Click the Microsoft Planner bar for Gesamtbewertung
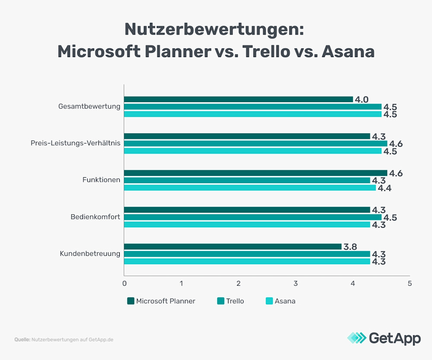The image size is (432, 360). coord(238,99)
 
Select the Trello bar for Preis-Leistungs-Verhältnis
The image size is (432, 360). coord(255,143)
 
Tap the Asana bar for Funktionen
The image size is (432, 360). coord(250,188)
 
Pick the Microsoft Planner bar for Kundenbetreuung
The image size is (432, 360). coord(232,246)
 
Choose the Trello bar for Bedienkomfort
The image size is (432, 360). coord(253,217)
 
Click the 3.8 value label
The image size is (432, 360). coord(350,247)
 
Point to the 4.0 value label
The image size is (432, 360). coord(362,100)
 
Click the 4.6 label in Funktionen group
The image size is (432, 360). coord(396,173)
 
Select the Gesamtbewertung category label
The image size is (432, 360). coord(89,106)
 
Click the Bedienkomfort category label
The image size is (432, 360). coord(95,217)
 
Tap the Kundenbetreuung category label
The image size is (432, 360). coord(90,253)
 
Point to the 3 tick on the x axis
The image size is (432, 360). coord(295,284)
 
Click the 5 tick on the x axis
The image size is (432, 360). coord(410,284)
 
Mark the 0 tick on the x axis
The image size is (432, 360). coord(124,284)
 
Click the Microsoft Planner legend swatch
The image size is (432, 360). coord(131,301)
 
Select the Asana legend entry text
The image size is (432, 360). coord(285,301)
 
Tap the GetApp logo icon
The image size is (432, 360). coord(356,338)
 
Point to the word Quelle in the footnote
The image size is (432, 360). coord(22,340)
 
